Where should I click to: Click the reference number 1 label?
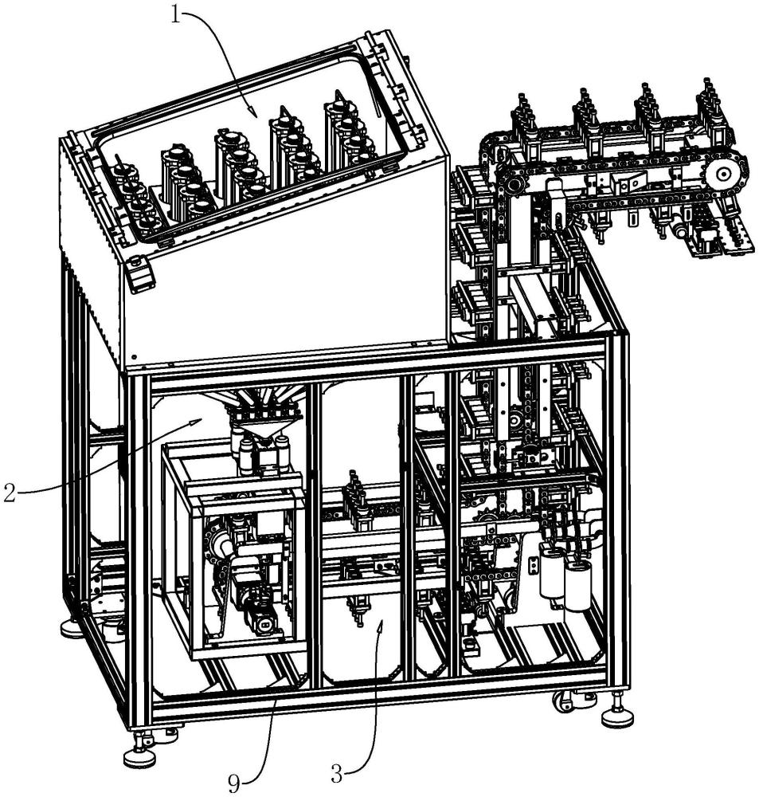175,15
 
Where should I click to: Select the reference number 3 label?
336,774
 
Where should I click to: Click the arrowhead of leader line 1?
253,113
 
